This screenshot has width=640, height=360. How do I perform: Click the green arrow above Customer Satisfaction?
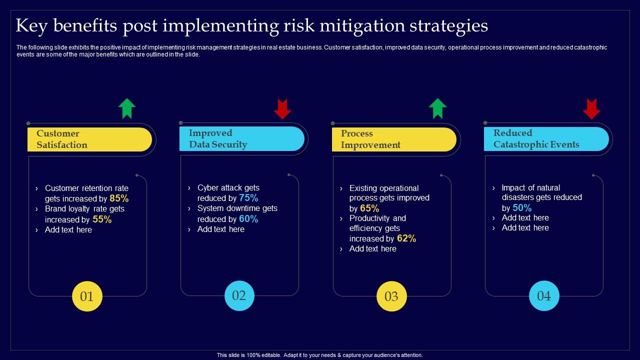click(x=127, y=108)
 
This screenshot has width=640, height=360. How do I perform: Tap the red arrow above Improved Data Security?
click(x=282, y=109)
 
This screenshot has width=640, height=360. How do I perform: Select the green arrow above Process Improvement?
click(x=437, y=108)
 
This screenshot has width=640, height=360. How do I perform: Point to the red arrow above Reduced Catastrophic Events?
click(x=591, y=109)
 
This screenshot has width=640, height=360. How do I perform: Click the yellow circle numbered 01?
click(x=87, y=296)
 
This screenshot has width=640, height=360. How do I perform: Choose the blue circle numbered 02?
click(x=239, y=295)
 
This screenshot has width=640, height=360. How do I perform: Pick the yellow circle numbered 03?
click(x=391, y=296)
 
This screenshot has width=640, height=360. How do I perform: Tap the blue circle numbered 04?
click(x=544, y=295)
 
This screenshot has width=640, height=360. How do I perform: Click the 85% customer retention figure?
click(x=119, y=198)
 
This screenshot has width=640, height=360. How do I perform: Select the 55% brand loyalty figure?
click(x=102, y=219)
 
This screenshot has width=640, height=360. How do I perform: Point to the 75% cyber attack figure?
click(x=248, y=197)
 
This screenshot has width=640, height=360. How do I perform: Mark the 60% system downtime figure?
click(x=248, y=219)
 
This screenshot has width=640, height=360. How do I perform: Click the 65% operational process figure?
click(x=369, y=208)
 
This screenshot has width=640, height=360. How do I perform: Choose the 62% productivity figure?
click(x=406, y=238)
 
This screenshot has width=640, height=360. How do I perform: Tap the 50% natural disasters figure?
click(x=522, y=207)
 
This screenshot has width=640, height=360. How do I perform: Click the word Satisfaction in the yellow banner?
click(x=62, y=145)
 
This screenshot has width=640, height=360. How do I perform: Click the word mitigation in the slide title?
click(x=362, y=25)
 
